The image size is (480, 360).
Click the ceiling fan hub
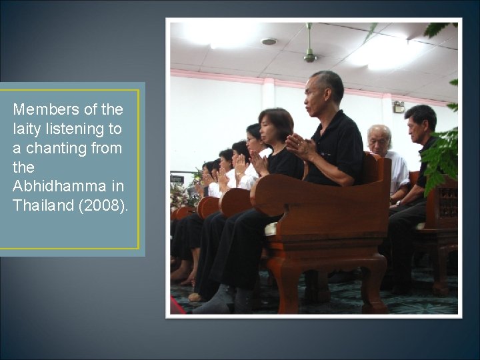click(309, 57)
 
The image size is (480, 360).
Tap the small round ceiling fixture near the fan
click(269, 41)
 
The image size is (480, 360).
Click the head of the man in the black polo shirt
click(324, 92)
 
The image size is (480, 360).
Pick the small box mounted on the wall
click(399, 106)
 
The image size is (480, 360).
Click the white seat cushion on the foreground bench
click(271, 229)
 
